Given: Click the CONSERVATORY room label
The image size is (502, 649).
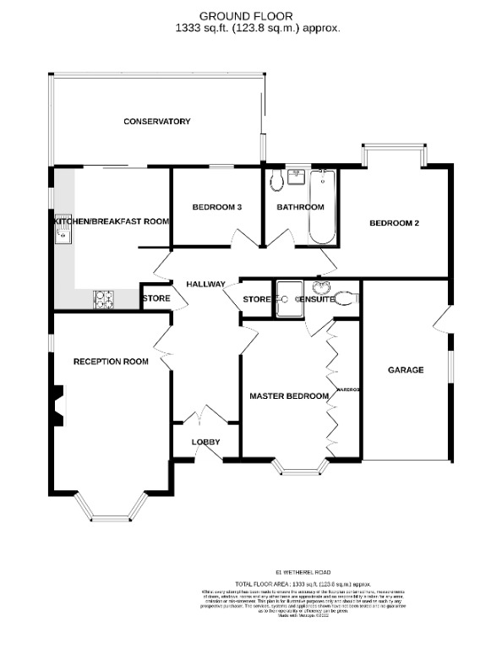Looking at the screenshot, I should point(156,122).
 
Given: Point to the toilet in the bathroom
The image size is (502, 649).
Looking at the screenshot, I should point(276,181).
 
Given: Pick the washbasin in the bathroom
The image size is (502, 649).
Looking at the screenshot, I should point(296,175).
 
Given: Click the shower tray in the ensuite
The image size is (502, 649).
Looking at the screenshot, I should point(290,300).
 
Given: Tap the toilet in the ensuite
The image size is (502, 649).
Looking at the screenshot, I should point(346,297).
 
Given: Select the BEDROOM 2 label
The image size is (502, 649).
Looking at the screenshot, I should point(394,224).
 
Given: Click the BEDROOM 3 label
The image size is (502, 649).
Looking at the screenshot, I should point(217,208).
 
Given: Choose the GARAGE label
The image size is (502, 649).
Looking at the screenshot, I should point(405,370).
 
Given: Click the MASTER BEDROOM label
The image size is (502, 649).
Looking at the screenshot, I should point(288,395).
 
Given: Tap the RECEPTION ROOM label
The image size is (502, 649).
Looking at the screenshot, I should point(111,362).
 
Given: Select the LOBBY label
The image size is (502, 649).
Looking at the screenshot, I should point(205,442).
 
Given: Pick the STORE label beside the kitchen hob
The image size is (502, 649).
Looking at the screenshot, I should point(156,299).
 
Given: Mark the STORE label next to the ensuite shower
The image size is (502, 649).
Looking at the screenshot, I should point(256,300).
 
